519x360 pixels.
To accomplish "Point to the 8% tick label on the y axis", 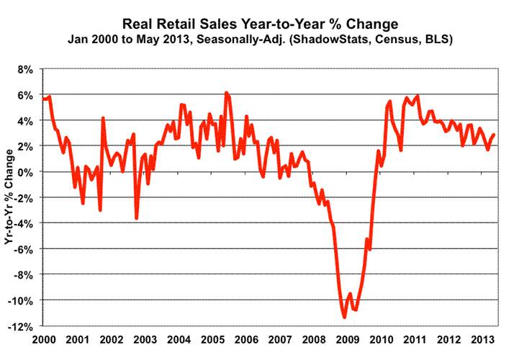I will [x=27, y=70].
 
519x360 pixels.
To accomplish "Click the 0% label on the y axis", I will [x=27, y=172].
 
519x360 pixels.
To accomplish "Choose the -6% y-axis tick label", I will [x=24, y=249].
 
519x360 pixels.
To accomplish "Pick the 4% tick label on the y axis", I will [x=27, y=121].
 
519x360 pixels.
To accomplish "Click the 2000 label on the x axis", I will [x=44, y=338].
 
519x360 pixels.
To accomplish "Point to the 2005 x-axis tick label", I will [x=211, y=338].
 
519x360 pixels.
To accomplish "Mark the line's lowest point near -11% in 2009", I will [x=344, y=317].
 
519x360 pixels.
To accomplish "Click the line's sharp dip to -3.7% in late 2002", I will [x=136, y=218].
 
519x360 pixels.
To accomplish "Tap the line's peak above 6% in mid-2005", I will [x=226, y=93].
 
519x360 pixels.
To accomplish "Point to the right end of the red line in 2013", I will [x=494, y=135].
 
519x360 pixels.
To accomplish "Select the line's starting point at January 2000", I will [x=43, y=98].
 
